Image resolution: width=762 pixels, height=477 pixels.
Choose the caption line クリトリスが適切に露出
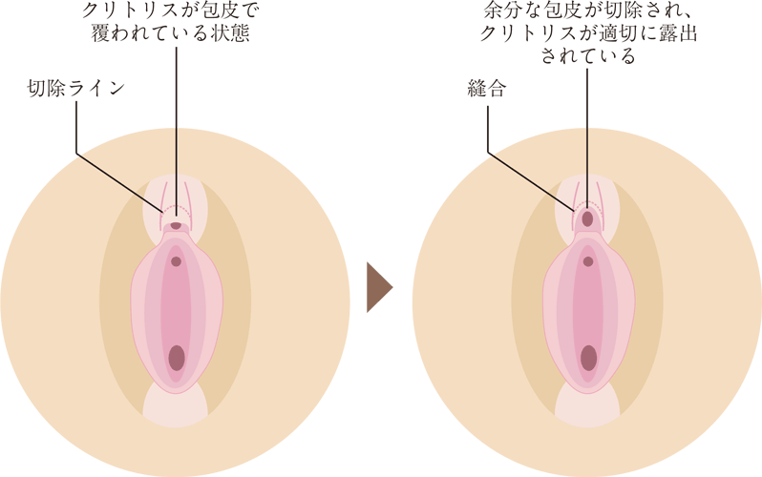[587, 35]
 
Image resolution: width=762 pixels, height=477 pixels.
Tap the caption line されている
[587, 57]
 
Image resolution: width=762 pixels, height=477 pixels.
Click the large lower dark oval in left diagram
[176, 358]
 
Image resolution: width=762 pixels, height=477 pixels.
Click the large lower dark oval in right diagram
[588, 358]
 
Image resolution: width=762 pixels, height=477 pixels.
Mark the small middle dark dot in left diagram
[176, 260]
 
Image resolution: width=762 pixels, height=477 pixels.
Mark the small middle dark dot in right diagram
[588, 260]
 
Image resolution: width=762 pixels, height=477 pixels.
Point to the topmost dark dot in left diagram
[176, 226]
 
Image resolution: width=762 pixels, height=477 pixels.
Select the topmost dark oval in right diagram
[587, 218]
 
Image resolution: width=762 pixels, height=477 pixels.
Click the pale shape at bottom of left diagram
[175, 405]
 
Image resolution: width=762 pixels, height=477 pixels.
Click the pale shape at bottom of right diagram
[588, 405]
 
